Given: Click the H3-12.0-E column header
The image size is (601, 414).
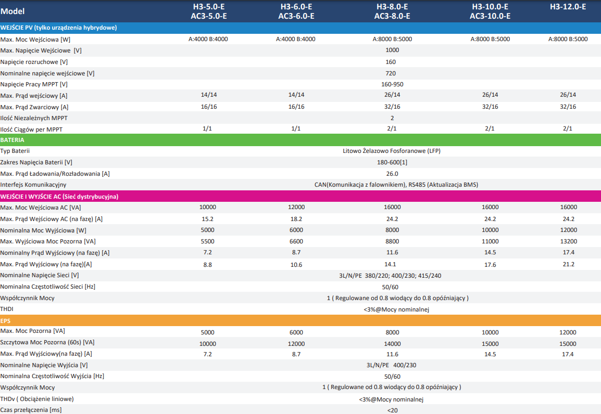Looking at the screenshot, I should click(x=568, y=7).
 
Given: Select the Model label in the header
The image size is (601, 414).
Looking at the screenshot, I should click(x=12, y=11).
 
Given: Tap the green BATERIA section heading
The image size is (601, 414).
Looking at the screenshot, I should click(x=12, y=140).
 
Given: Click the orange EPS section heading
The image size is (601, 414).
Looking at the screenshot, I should click(x=6, y=320).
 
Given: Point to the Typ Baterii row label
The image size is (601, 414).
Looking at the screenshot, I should click(x=15, y=151).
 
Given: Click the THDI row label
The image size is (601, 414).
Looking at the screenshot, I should click(x=7, y=309).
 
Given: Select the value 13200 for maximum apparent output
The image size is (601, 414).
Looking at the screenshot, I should click(x=568, y=241).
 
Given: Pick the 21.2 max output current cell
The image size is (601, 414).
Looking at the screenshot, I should click(x=568, y=264).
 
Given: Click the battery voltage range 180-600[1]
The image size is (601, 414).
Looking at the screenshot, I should click(x=392, y=162).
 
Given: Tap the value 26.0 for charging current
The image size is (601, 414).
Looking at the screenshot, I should click(x=392, y=174).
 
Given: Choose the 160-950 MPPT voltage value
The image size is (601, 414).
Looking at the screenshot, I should click(x=392, y=84).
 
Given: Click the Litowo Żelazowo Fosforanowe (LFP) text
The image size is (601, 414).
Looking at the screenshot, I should click(x=392, y=151).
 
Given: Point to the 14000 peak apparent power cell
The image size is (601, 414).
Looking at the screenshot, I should click(x=392, y=343).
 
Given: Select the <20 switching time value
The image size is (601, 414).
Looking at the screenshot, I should click(x=392, y=410).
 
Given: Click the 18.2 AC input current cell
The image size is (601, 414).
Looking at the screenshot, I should click(x=296, y=219).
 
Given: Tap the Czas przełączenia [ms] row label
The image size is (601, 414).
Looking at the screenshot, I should click(x=31, y=410).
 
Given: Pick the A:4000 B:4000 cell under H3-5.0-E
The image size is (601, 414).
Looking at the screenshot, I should click(x=208, y=39).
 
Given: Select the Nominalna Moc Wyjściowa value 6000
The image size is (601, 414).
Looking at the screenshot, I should click(x=296, y=230).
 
